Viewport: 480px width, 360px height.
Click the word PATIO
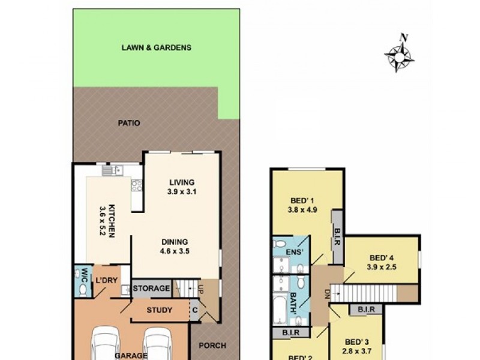coord(129,123)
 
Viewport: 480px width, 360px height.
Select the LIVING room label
coord(182,182)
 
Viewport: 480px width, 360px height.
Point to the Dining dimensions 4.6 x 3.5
coord(175,251)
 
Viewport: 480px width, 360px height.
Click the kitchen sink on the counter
coord(112,171)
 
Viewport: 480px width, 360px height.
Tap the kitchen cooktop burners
coord(137,185)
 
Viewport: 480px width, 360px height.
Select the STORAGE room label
coord(151,289)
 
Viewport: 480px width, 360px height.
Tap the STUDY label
coord(160,310)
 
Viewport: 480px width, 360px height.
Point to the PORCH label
coord(212,345)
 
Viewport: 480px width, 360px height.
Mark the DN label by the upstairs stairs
coord(328,293)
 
